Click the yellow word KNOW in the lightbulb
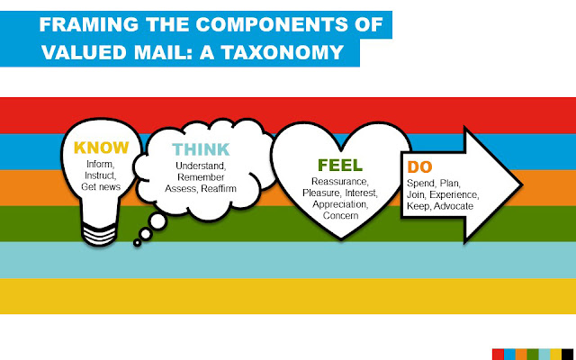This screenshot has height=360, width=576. point(101,147)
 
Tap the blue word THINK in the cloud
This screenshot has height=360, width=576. point(201,148)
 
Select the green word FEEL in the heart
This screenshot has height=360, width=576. point(340,165)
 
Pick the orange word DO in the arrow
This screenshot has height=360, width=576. point(419,166)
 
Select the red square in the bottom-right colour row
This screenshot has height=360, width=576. point(498,352)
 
